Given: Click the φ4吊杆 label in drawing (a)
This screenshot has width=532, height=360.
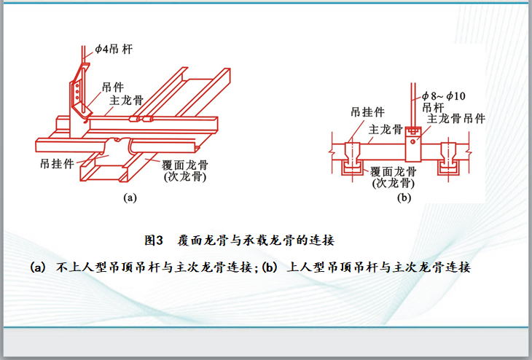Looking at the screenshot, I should tap(113, 49).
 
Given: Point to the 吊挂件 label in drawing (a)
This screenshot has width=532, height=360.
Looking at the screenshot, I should tap(57, 163).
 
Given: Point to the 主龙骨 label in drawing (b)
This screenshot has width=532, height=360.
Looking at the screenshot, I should tap(386, 130).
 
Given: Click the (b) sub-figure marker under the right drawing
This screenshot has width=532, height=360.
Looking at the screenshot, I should tap(403, 197).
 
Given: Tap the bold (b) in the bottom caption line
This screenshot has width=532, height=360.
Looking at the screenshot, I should tap(270, 267).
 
